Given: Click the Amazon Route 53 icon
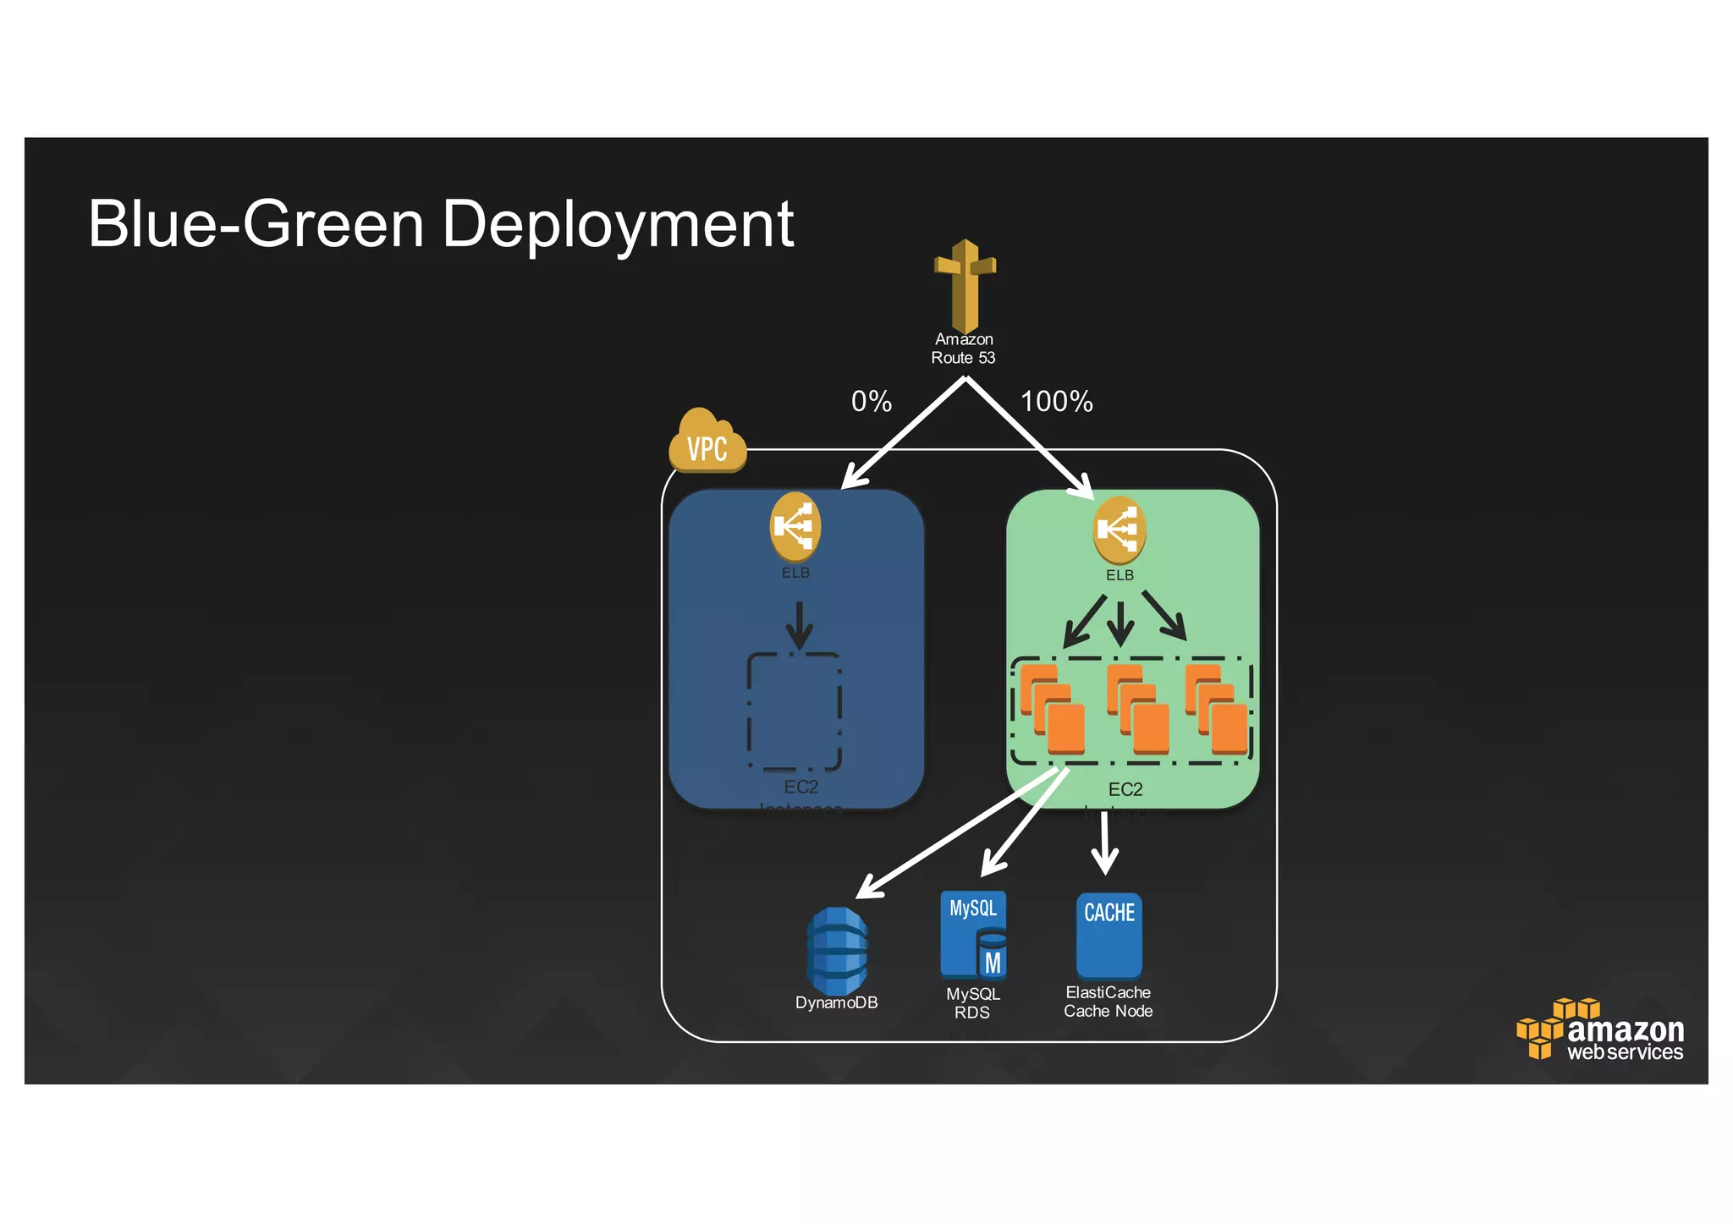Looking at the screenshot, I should pos(965,285).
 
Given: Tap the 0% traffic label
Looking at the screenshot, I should pos(871,401).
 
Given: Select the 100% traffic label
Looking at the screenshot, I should pos(1056,401).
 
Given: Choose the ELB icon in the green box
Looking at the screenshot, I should pos(1119,530).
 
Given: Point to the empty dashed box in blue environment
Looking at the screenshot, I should pos(794,711).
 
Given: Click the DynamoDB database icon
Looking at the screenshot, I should pos(836,950).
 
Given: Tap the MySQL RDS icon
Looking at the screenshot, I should pos(973,934).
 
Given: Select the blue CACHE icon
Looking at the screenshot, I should pos(1109,935).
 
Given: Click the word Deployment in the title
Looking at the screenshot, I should pos(618,225).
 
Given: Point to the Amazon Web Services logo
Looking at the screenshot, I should pos(1600,1030).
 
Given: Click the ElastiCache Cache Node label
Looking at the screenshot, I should pos(1108,1002).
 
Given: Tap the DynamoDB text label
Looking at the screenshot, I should pos(836,1002).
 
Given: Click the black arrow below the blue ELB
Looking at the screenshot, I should pos(799,626).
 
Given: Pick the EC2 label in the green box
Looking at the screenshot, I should pos(1125,789).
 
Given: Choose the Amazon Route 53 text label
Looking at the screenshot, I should pos(963,349).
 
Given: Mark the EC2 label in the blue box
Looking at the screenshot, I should pos(800,787).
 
